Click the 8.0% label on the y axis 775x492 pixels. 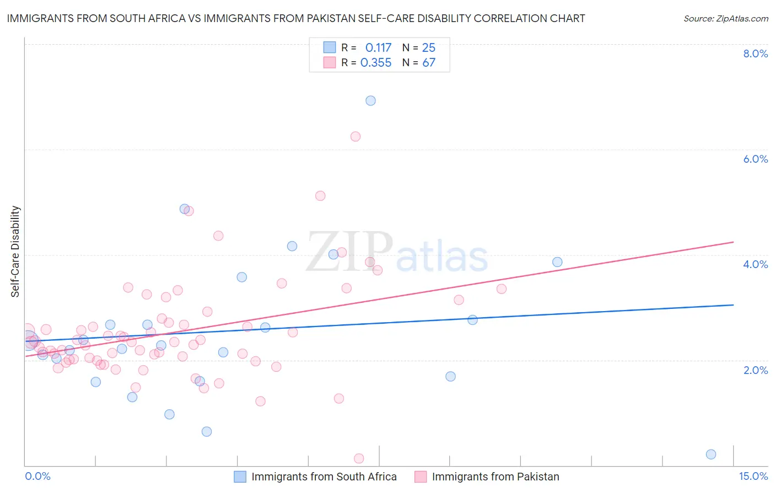pos(755,54)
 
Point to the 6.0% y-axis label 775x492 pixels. pos(755,159)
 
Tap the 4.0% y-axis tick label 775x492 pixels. pos(755,264)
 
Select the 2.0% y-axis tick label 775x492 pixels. pos(755,370)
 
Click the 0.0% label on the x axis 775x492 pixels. pos(37,477)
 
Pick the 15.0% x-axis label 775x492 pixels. pos(753,477)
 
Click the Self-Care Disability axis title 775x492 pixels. pos(15,252)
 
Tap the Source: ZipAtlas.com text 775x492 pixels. pos(725,18)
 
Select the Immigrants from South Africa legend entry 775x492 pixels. pos(324,477)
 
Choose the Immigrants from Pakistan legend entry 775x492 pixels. pos(495,477)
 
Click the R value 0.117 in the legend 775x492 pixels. pos(378,47)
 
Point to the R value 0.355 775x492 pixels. pos(376,63)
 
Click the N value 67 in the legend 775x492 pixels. pos(429,63)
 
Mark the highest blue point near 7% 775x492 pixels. pos(370,100)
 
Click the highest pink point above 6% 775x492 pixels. pos(356,136)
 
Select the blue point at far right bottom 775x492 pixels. pos(711,454)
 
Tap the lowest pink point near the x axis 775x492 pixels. pos(359,458)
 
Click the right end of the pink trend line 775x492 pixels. pos(733,242)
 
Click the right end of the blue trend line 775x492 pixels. pos(733,304)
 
